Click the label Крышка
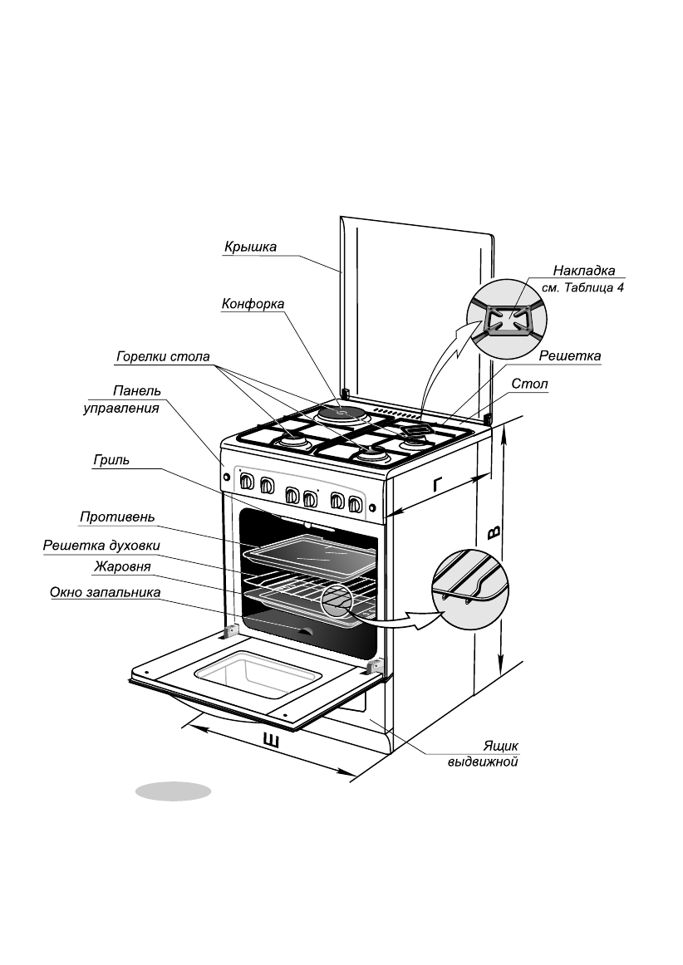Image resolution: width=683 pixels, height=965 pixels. pos(250,247)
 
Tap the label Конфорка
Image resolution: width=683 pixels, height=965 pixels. pos(253,305)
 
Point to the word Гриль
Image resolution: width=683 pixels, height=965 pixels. pos(111,461)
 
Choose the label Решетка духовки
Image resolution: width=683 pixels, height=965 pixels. pos(101,546)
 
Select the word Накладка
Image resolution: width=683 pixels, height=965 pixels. pos(584,271)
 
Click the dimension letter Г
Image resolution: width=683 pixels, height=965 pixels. pos(438,484)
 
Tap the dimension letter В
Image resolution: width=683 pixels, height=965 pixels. pos(494,531)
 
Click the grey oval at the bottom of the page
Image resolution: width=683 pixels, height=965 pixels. pos(174,791)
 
